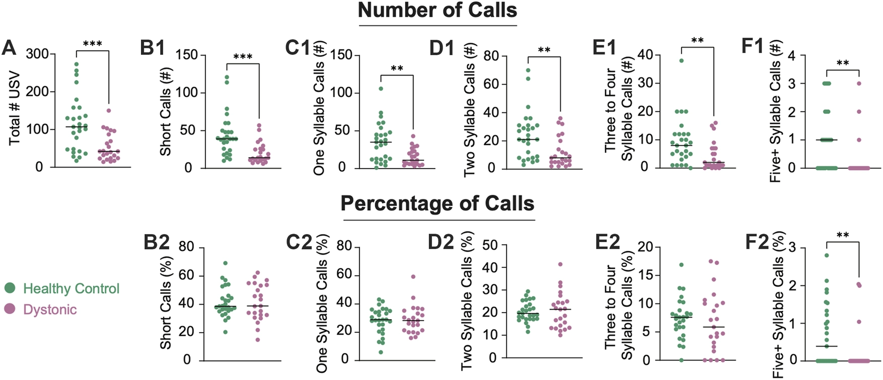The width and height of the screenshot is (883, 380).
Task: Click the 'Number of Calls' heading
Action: click(437, 11)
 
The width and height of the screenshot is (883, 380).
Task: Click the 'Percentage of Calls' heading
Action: click(437, 204)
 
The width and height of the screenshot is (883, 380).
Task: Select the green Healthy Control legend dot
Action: click(10, 288)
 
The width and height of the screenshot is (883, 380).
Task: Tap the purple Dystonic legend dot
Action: click(10, 309)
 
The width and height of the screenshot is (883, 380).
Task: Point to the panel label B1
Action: click(153, 48)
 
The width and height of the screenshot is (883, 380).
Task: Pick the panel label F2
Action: click(756, 242)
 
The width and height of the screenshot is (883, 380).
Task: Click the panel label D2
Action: click(441, 242)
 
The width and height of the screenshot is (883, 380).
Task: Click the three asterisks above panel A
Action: click(93, 44)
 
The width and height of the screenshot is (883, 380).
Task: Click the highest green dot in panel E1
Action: click(681, 60)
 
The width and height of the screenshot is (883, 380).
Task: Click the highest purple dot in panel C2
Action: click(413, 276)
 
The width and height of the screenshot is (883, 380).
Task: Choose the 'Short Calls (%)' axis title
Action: click(166, 302)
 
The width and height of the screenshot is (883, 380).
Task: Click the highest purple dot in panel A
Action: click(108, 110)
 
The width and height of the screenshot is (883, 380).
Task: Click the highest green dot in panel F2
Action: click(827, 255)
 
